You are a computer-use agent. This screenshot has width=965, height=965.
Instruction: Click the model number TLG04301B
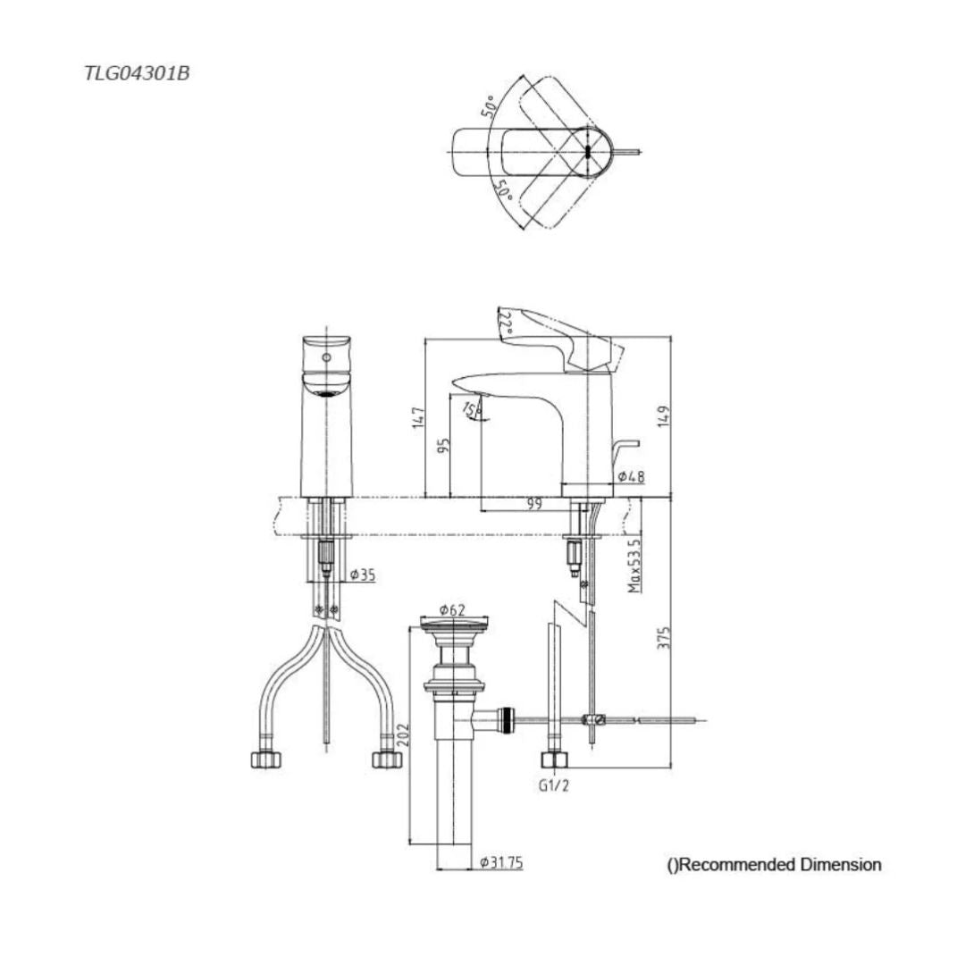click(x=136, y=74)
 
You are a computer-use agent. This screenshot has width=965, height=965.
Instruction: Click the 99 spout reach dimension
click(x=534, y=504)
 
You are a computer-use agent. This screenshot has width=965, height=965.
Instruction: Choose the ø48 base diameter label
click(x=631, y=477)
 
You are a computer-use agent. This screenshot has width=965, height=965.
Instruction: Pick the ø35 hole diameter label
click(x=361, y=575)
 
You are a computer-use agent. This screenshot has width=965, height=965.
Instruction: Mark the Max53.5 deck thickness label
click(x=634, y=566)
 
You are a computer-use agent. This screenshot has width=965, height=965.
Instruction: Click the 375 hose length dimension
click(x=662, y=638)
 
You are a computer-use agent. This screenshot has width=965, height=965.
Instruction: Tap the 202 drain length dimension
click(x=402, y=735)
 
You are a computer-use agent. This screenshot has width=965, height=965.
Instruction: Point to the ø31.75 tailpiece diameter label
click(x=500, y=862)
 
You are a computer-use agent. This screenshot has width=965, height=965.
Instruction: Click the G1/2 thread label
click(x=554, y=786)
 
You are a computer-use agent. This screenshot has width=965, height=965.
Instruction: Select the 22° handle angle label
click(x=506, y=323)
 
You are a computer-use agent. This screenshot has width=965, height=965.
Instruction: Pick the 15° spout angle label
click(x=471, y=409)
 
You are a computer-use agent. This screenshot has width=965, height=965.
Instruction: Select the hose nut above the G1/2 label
click(x=555, y=760)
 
